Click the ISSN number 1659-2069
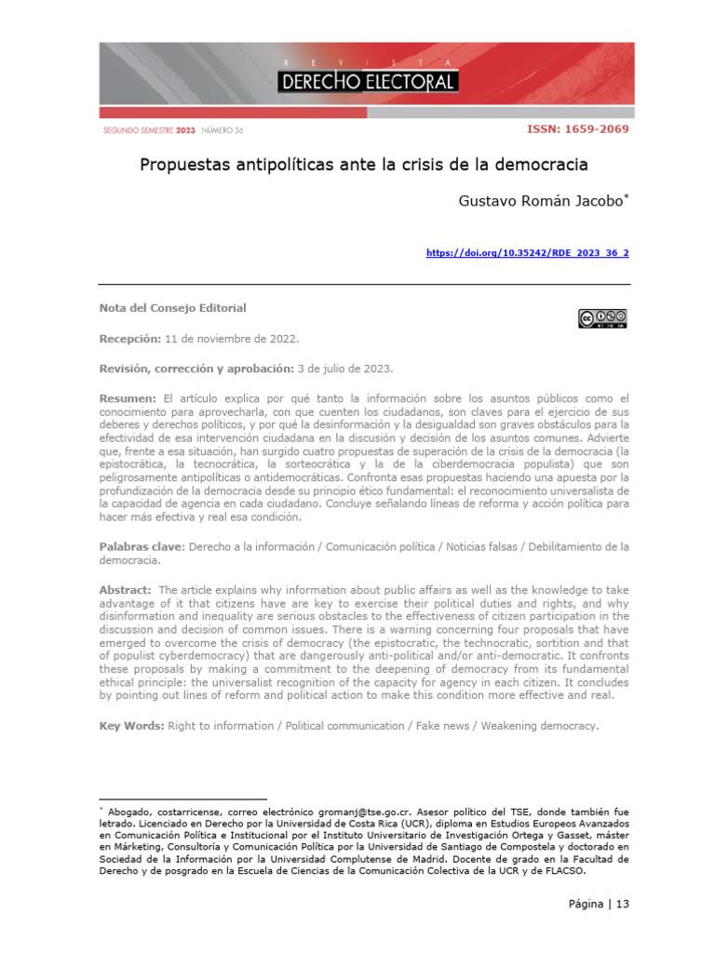(578, 129)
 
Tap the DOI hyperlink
(527, 253)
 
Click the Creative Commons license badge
(602, 319)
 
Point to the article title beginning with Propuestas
(364, 165)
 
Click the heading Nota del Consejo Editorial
(173, 308)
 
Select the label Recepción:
(130, 338)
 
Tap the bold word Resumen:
(128, 397)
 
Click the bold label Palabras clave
(141, 546)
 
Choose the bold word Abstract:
(126, 590)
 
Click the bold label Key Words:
(131, 725)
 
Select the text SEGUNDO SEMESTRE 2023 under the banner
(149, 130)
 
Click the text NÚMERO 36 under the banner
(223, 130)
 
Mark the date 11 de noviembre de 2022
(232, 338)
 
